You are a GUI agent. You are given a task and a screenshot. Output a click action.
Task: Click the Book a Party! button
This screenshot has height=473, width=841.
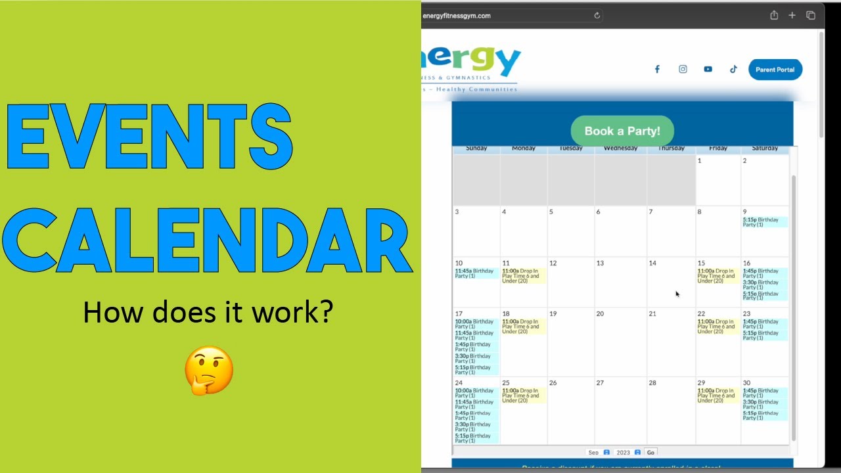(x=622, y=131)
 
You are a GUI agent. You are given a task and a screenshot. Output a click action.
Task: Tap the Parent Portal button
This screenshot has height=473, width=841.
(x=775, y=70)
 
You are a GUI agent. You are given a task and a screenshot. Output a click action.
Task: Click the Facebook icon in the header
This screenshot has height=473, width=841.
(x=656, y=69)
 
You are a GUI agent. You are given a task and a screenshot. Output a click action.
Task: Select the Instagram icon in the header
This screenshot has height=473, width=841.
(x=683, y=69)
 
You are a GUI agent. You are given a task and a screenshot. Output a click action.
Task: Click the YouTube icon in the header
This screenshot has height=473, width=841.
(x=708, y=69)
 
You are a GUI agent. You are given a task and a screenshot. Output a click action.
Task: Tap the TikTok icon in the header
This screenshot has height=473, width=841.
(x=733, y=69)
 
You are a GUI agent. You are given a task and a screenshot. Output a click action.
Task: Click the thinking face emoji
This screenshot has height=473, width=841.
(x=209, y=371)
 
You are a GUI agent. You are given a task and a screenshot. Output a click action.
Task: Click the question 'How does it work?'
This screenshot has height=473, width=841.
(x=208, y=312)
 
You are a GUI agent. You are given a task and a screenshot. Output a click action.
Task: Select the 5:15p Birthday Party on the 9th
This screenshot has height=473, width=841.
(x=764, y=222)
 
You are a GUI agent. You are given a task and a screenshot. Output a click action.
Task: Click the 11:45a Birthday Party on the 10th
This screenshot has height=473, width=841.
(x=476, y=273)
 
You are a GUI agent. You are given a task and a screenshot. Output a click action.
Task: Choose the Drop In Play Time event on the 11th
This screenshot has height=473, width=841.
(x=522, y=276)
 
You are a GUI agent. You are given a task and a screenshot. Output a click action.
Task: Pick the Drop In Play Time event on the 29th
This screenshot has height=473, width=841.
(x=717, y=395)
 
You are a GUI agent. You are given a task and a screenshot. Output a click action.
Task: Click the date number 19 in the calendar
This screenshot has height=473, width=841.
(x=553, y=314)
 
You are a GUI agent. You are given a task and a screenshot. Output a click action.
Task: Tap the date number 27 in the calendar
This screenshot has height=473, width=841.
(x=600, y=383)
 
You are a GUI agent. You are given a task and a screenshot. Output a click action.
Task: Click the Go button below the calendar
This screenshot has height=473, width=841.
(x=650, y=453)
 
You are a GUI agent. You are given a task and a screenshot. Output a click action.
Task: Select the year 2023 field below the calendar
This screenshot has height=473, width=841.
(x=624, y=453)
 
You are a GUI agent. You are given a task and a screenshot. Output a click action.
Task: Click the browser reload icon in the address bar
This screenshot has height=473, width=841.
(x=597, y=16)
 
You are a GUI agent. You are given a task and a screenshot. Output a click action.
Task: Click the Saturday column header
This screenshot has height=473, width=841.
(x=765, y=148)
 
